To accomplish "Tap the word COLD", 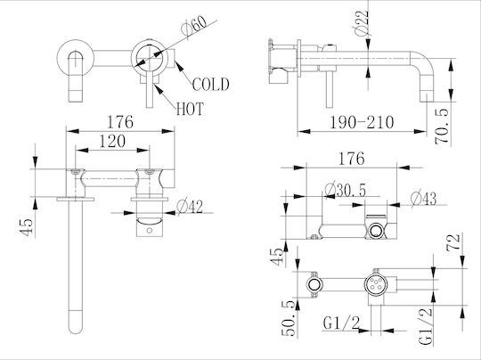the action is coord(210,85).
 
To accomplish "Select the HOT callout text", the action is coord(190,109).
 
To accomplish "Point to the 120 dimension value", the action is coord(112,142).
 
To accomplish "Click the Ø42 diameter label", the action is coord(190,207).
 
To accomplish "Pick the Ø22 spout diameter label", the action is coord(361,23).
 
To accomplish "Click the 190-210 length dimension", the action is coord(362,122).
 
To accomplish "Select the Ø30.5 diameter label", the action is coord(345,191).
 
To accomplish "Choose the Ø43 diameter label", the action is coord(423,199).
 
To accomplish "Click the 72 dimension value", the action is coord(453,242).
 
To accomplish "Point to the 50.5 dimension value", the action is coord(289,318).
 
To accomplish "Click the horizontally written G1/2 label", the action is coord(341,323).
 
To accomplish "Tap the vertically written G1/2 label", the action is coord(425,326).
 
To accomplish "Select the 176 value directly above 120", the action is coord(120,122).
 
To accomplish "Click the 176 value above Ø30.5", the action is coord(352,159).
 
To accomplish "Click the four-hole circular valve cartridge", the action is coord(374,285).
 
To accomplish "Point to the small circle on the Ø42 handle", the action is coord(149,230).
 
